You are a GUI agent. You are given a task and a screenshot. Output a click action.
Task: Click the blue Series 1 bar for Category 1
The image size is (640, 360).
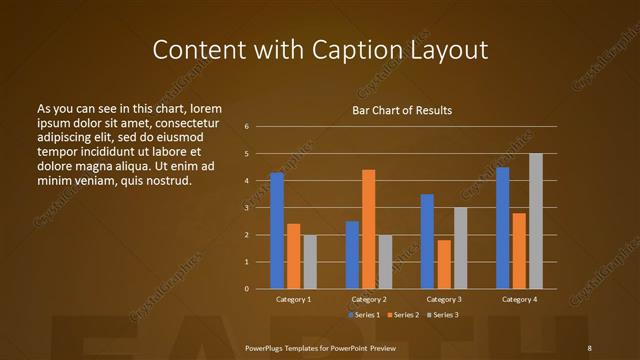[277, 231]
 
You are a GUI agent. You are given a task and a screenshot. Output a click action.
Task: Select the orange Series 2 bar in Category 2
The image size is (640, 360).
[368, 229]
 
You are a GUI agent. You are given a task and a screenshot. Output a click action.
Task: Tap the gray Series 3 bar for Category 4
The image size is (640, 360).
[535, 221]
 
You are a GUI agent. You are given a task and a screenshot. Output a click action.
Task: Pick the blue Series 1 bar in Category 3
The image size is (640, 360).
[427, 241]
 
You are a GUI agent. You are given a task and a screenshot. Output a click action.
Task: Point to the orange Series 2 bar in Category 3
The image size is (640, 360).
[443, 264]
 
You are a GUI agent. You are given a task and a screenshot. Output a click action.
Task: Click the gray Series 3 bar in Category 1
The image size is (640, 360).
[309, 262]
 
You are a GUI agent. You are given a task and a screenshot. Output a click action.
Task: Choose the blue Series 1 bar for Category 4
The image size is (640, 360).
[502, 228]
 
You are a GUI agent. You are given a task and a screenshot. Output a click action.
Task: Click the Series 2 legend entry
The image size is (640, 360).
[403, 315]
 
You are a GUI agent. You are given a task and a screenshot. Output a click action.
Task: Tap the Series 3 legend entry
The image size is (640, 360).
[443, 315]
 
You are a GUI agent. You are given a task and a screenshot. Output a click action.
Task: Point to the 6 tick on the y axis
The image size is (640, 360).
[246, 127]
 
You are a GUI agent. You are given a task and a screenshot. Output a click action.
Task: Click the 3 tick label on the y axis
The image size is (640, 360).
[246, 208]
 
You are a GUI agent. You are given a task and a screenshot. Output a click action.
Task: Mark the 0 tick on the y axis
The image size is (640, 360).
[246, 289]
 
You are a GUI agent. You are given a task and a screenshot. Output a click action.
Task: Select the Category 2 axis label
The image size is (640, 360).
[368, 299]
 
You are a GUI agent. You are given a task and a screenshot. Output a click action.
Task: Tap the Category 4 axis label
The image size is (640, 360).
[518, 299]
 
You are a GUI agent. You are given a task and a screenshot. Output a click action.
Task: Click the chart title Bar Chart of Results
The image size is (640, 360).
[402, 109]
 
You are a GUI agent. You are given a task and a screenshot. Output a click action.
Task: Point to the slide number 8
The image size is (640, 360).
[589, 347]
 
